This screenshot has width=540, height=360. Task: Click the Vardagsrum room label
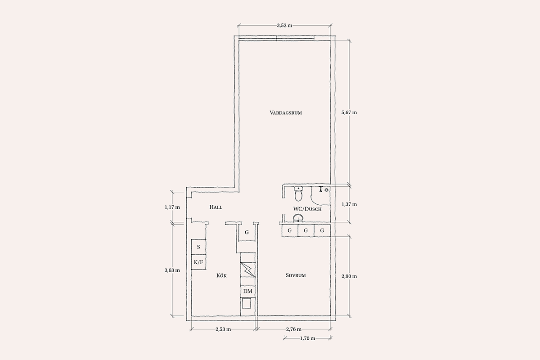pyautogui.click(x=286, y=112)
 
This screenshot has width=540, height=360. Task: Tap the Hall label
pyautogui.click(x=216, y=207)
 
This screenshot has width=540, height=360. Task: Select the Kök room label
pyautogui.click(x=221, y=275)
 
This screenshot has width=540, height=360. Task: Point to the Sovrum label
pyautogui.click(x=296, y=275)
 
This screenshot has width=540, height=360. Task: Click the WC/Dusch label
pyautogui.click(x=307, y=209)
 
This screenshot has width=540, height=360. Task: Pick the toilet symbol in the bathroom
pyautogui.click(x=298, y=193)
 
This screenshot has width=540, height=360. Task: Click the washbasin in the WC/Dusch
pyautogui.click(x=298, y=218)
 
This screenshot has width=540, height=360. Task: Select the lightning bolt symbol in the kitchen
pyautogui.click(x=248, y=270)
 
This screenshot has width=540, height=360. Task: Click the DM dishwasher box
pyautogui.click(x=248, y=291)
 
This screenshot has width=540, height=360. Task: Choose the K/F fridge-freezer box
pyautogui.click(x=198, y=262)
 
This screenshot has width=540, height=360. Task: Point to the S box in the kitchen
pyautogui.click(x=198, y=247)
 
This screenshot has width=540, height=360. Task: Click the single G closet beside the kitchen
pyautogui.click(x=247, y=232)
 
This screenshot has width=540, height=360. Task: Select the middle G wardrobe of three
pyautogui.click(x=306, y=230)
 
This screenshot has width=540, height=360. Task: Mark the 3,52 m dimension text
pyautogui.click(x=284, y=25)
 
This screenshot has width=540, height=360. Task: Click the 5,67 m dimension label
pyautogui.click(x=349, y=112)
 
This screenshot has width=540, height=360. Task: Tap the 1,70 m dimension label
pyautogui.click(x=308, y=338)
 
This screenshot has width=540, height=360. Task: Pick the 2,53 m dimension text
pyautogui.click(x=223, y=329)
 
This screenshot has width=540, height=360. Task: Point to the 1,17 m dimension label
pyautogui.click(x=172, y=207)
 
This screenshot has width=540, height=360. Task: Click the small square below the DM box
pyautogui.click(x=247, y=304)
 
